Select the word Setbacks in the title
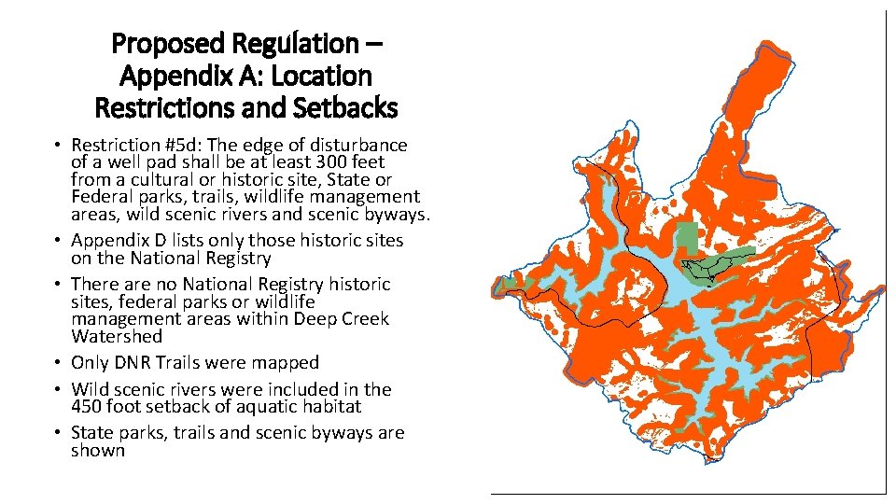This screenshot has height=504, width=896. [346, 108]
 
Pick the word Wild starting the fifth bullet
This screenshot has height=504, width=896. [91, 389]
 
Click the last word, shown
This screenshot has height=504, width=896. [98, 450]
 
